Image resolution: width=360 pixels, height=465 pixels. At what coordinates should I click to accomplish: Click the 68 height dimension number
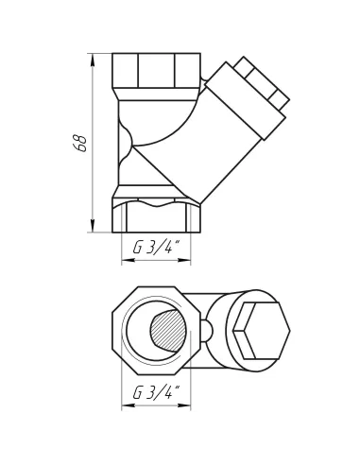(x=81, y=143)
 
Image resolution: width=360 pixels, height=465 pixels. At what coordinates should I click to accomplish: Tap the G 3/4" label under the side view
(x=156, y=248)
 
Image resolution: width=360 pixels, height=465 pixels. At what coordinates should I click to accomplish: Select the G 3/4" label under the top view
(x=156, y=392)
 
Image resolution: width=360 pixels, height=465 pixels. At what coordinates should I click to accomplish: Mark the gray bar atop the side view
(x=156, y=48)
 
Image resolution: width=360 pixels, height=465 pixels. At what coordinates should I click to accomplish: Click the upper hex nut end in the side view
(x=156, y=71)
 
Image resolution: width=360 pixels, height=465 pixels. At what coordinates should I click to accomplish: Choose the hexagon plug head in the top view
(x=260, y=330)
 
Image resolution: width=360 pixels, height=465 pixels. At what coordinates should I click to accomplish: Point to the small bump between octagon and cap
(x=207, y=330)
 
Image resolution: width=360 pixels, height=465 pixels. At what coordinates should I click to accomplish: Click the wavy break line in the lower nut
(x=156, y=201)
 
